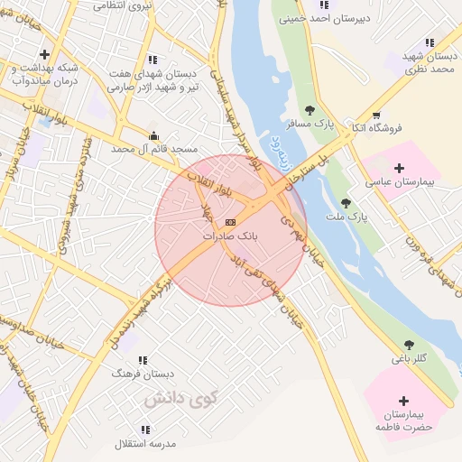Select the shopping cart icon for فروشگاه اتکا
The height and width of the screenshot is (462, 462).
[375, 115]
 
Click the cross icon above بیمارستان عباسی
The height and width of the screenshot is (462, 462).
[400, 168]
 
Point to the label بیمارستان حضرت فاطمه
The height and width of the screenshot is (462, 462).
[402, 420]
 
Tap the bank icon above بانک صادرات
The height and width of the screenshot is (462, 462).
[230, 222]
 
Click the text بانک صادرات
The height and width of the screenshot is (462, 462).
[230, 236]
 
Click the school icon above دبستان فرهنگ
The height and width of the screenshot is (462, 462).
[143, 359]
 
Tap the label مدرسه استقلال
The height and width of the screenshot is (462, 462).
[144, 444]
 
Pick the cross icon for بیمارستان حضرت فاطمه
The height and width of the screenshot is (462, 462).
[403, 400]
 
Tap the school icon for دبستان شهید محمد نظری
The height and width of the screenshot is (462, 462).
[429, 42]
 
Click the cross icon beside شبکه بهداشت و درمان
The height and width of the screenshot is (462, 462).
[44, 54]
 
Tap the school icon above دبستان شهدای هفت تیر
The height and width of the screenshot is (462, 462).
[151, 60]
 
